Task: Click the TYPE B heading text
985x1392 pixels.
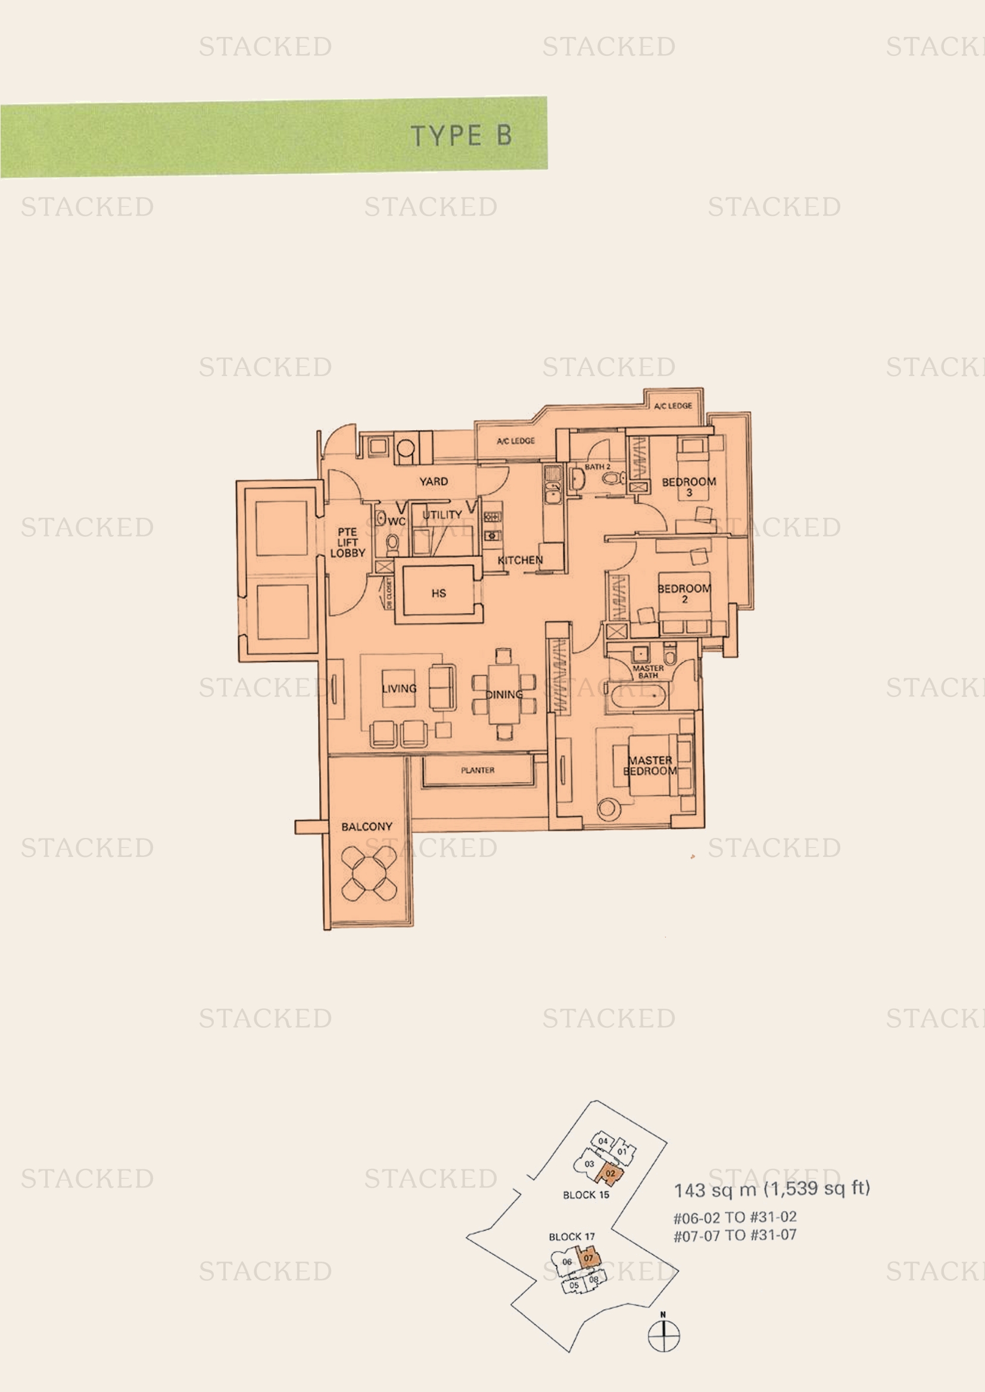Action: coord(461,136)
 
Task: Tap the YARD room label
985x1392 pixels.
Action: coord(434,481)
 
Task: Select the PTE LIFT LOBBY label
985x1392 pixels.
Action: coord(348,543)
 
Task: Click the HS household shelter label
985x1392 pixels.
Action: coord(438,593)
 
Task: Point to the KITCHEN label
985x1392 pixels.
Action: coord(520,560)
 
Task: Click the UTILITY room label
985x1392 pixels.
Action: coord(442,515)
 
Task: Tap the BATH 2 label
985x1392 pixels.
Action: coord(597,467)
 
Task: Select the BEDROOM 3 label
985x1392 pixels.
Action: coord(688,487)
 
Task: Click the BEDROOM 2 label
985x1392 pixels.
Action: coord(684,593)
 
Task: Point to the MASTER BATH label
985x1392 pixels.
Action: coord(648,672)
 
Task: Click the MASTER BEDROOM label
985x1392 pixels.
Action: coord(650,766)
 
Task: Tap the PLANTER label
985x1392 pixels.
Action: coord(478,770)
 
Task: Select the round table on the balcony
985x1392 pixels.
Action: coord(369,874)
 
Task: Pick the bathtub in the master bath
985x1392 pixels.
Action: coord(640,696)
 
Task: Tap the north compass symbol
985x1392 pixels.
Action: coord(663,1334)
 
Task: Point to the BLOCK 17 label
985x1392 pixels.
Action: coord(571,1237)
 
